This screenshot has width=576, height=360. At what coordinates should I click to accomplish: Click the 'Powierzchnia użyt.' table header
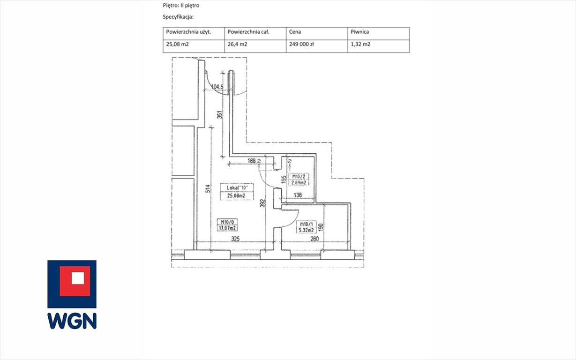coord(188,32)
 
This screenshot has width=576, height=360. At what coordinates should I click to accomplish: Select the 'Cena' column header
coord(296,32)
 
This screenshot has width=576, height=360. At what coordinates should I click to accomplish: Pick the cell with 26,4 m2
coord(237,45)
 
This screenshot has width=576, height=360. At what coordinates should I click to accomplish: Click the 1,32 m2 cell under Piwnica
coord(361,45)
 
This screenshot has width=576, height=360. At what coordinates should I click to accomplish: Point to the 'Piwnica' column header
coord(359,32)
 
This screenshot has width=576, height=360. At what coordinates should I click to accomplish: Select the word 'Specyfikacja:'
coord(178,17)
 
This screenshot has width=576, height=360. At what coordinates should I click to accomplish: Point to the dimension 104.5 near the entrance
coord(217,87)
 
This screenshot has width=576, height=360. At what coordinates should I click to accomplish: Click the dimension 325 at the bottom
coord(236,239)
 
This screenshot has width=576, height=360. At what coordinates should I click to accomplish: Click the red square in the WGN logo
coord(72,278)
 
